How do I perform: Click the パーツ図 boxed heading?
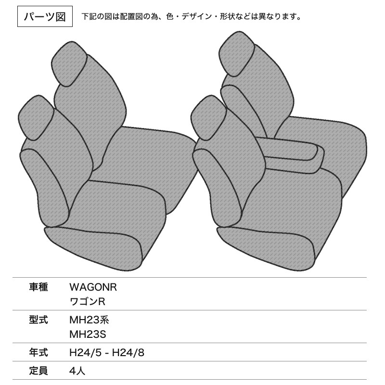click(45, 16)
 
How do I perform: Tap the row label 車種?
click(38, 287)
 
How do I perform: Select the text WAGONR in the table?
click(93, 287)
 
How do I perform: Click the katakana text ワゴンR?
click(88, 302)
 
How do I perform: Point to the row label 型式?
click(38, 320)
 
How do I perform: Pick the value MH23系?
click(90, 320)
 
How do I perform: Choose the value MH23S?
click(88, 334)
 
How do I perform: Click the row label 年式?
click(38, 353)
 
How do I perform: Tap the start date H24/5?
click(85, 353)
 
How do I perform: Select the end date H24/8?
click(128, 353)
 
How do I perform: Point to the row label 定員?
click(38, 371)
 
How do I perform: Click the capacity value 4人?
click(77, 371)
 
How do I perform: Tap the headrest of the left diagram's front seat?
click(36, 118)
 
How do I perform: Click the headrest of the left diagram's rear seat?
click(69, 64)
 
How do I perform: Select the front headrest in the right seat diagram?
click(209, 118)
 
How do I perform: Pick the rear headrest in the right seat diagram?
click(236, 54)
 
